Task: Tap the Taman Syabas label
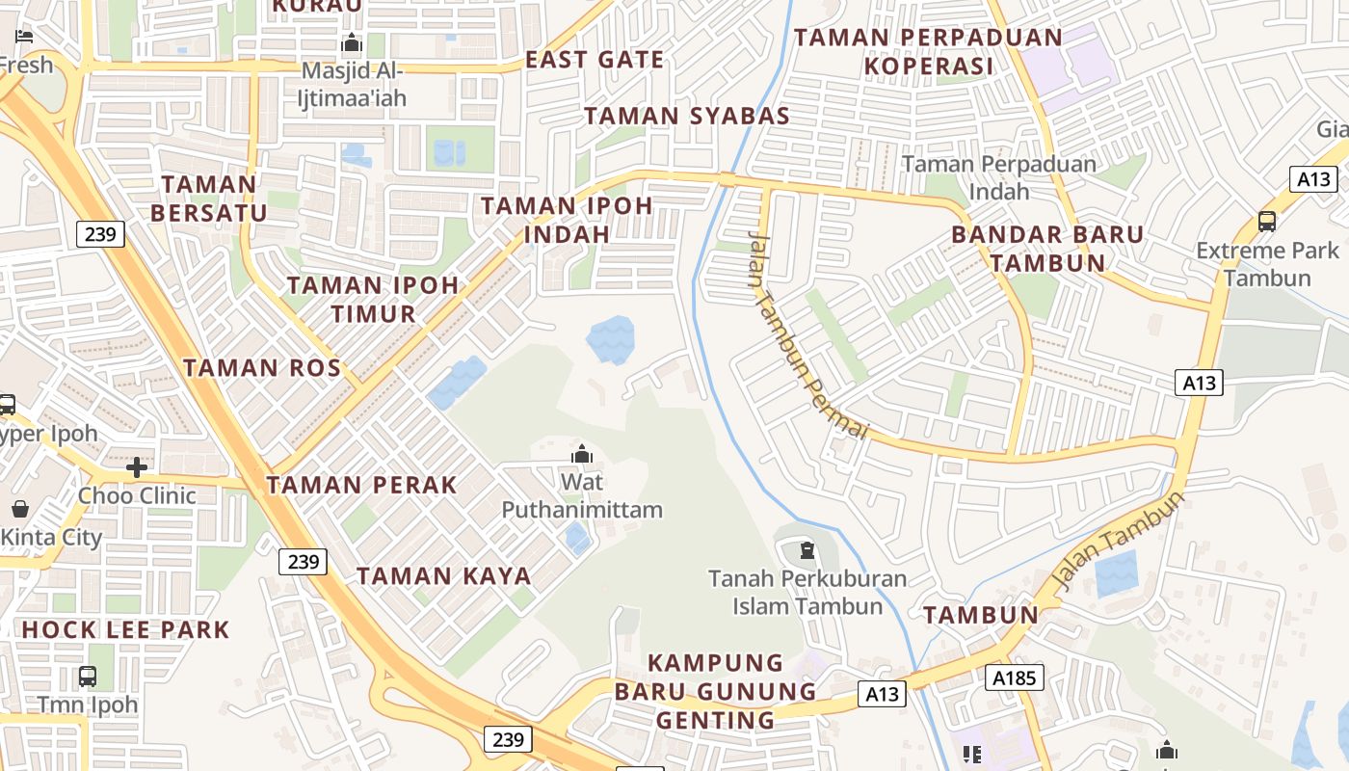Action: point(686,116)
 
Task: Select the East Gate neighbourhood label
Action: point(595,60)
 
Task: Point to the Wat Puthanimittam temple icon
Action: point(582,454)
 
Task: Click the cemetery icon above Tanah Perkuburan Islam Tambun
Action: point(807,551)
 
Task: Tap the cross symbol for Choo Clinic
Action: point(137,467)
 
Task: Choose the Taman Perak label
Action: point(361,485)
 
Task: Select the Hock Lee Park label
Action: point(125,630)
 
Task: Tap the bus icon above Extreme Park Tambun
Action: point(1267,222)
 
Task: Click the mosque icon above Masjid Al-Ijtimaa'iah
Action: point(352,43)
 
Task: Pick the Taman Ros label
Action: point(262,367)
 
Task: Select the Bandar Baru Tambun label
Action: point(1047,249)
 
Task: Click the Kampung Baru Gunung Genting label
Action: point(715,691)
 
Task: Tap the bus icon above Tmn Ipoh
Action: point(88,677)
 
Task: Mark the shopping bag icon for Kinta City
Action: point(20,509)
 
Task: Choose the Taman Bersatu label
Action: point(208,199)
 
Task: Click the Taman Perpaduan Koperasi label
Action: point(928,52)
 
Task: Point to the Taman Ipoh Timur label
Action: point(373,299)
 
